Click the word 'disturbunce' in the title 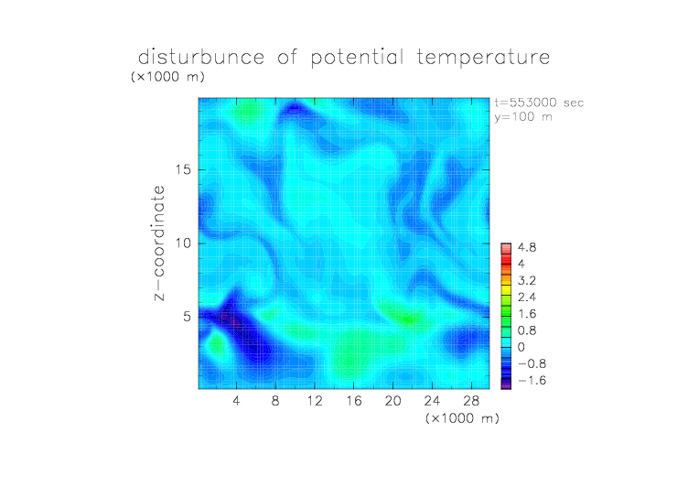click(x=201, y=57)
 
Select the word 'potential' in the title click(x=357, y=58)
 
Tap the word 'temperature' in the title click(x=483, y=58)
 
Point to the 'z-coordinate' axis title click(x=159, y=243)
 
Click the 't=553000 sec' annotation click(x=539, y=103)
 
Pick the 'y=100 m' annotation click(x=523, y=117)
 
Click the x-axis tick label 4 click(x=236, y=400)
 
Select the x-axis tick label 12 click(x=315, y=400)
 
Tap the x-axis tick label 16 click(x=354, y=400)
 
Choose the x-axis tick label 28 click(x=471, y=400)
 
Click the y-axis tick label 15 click(x=183, y=169)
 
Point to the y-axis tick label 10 click(x=183, y=243)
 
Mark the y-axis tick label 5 click(x=188, y=317)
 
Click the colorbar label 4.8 click(x=527, y=248)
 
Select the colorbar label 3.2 click(x=527, y=281)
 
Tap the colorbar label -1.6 click(x=532, y=380)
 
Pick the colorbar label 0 click(x=521, y=347)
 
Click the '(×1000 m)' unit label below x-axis click(x=462, y=418)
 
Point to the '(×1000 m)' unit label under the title click(x=167, y=77)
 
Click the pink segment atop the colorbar click(x=506, y=249)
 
